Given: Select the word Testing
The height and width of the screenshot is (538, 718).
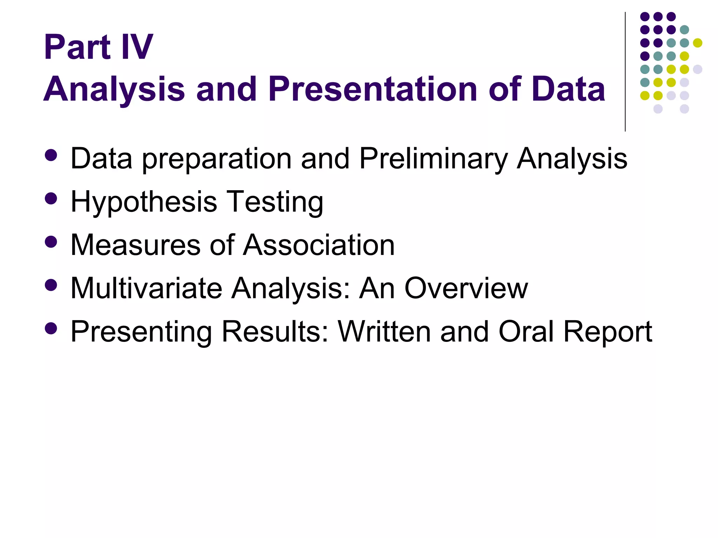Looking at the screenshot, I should click(x=275, y=202).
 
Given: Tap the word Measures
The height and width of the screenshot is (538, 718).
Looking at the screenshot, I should click(x=135, y=245).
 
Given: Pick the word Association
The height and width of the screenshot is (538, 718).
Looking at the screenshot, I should click(x=319, y=245).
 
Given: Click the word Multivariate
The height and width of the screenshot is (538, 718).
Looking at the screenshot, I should click(x=147, y=289).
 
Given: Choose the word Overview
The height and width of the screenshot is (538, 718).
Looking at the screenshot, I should click(x=466, y=289).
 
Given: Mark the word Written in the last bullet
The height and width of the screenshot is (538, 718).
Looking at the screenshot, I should click(x=384, y=332).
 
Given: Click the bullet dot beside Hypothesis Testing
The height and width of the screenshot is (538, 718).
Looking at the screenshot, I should click(x=51, y=199).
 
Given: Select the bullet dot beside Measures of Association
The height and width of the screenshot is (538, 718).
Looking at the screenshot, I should click(x=51, y=242).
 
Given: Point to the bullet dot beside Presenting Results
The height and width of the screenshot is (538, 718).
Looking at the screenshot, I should click(x=51, y=328).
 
